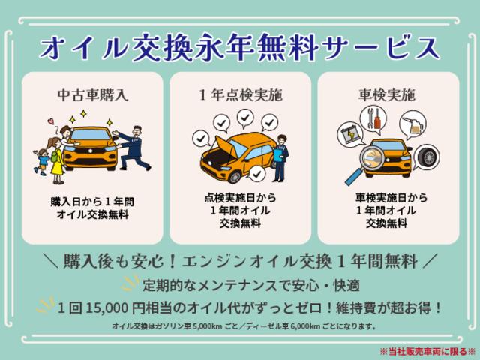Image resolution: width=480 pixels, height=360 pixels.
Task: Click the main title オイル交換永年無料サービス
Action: pyautogui.click(x=240, y=46)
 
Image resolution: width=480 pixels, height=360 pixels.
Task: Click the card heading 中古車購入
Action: pyautogui.click(x=94, y=96)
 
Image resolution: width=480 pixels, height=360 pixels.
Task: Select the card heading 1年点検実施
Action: pyautogui.click(x=240, y=96)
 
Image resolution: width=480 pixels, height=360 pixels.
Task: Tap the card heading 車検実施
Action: pyautogui.click(x=385, y=96)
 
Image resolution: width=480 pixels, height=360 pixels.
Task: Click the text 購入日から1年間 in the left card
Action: pyautogui.click(x=94, y=202)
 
